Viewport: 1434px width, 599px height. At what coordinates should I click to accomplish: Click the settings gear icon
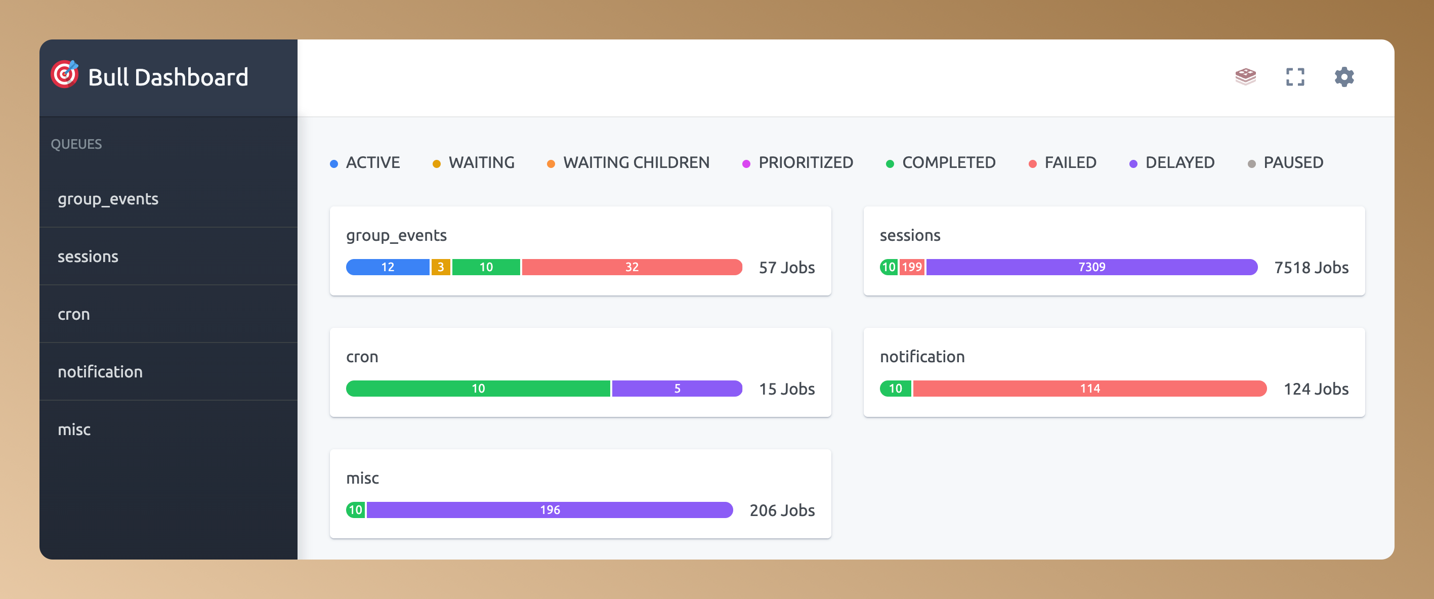click(1344, 77)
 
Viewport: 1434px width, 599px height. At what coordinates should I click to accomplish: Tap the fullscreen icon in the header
click(1295, 77)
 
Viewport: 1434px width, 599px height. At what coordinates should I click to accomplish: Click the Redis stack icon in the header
click(1245, 76)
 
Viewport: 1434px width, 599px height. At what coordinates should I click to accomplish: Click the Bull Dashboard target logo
click(65, 74)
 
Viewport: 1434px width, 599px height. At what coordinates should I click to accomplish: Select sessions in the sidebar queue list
click(88, 256)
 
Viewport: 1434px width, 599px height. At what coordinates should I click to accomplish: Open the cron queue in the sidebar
click(73, 315)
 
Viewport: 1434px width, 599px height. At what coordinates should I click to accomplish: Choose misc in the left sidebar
click(74, 430)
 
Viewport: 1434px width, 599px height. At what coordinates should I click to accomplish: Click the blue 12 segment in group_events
click(388, 267)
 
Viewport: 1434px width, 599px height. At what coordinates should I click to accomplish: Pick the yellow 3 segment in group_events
click(440, 267)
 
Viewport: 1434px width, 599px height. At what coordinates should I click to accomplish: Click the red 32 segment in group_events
click(631, 267)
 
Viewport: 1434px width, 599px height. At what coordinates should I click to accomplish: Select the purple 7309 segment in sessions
click(1091, 267)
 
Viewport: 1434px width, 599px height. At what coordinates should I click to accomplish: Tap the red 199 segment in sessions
click(912, 267)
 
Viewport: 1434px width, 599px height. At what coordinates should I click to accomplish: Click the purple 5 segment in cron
click(677, 389)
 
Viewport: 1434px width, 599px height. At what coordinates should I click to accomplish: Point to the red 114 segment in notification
click(1089, 389)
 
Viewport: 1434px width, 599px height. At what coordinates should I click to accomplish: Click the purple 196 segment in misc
click(550, 510)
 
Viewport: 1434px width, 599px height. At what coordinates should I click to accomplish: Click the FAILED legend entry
click(1069, 162)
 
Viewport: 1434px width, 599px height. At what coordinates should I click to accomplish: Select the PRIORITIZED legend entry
click(805, 162)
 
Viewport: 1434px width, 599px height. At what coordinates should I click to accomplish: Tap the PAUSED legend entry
click(1292, 162)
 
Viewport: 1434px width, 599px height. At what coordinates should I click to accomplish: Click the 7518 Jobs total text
click(1311, 268)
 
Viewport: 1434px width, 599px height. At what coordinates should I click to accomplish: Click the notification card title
click(922, 357)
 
